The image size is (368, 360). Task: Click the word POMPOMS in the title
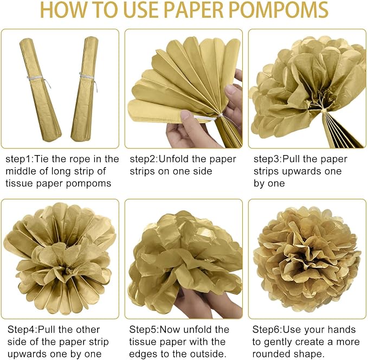[x=278, y=10]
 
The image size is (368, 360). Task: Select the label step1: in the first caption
[x=20, y=159]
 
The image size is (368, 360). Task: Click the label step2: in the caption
[x=144, y=159]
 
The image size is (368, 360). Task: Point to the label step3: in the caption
[x=268, y=159]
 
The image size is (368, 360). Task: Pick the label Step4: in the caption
[x=22, y=330]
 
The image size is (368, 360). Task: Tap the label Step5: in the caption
[x=144, y=330]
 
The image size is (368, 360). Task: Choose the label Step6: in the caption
[x=267, y=330]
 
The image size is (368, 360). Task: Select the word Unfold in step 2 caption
[x=173, y=159]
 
